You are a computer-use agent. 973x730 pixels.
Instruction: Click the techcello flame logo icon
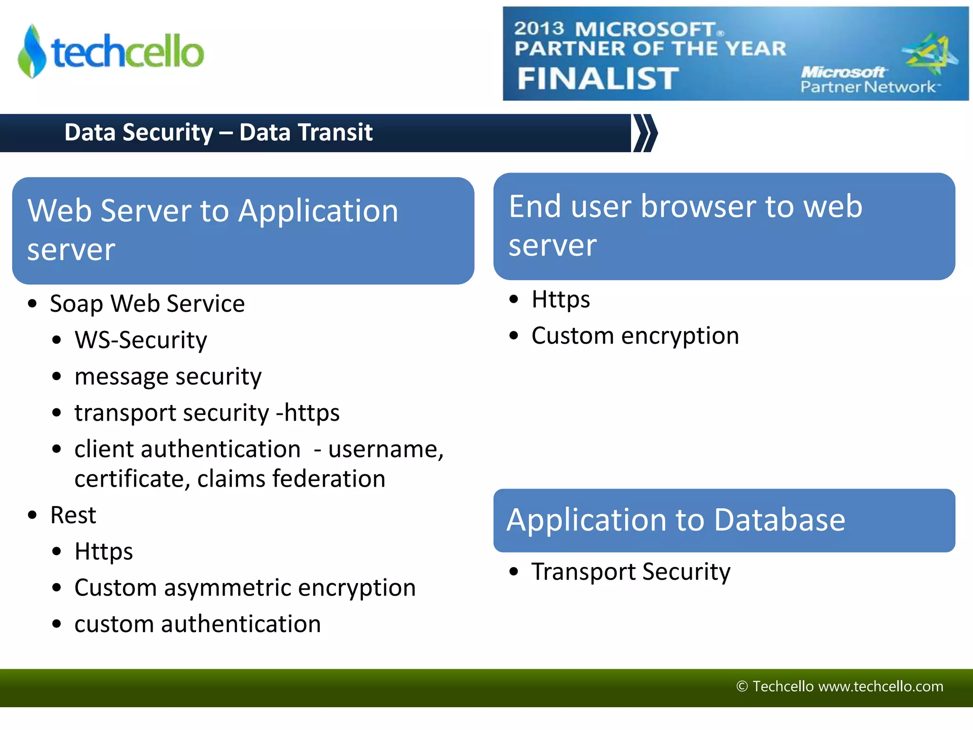pyautogui.click(x=32, y=51)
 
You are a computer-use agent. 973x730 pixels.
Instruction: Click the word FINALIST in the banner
pyautogui.click(x=598, y=78)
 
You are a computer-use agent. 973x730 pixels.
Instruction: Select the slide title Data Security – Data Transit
pyautogui.click(x=218, y=132)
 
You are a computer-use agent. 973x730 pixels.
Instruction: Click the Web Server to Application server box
pyautogui.click(x=243, y=231)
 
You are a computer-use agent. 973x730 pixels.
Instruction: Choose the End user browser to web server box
pyautogui.click(x=724, y=226)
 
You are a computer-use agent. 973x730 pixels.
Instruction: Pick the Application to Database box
pyautogui.click(x=724, y=520)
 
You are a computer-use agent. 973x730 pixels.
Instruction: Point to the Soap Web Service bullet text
pyautogui.click(x=147, y=304)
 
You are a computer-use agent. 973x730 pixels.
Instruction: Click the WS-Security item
pyautogui.click(x=141, y=340)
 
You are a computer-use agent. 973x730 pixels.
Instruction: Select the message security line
pyautogui.click(x=168, y=376)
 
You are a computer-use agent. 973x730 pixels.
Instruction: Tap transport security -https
pyautogui.click(x=207, y=413)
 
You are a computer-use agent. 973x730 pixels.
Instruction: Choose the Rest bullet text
pyautogui.click(x=73, y=515)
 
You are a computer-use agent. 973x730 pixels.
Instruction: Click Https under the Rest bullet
pyautogui.click(x=104, y=552)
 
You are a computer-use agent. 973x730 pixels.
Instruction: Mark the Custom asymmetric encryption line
pyautogui.click(x=245, y=588)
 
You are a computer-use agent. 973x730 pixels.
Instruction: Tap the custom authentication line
pyautogui.click(x=197, y=624)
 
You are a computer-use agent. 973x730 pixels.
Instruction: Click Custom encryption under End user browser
pyautogui.click(x=635, y=336)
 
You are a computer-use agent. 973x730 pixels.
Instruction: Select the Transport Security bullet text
pyautogui.click(x=630, y=572)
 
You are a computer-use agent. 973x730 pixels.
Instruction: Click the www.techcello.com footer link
pyautogui.click(x=881, y=686)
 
